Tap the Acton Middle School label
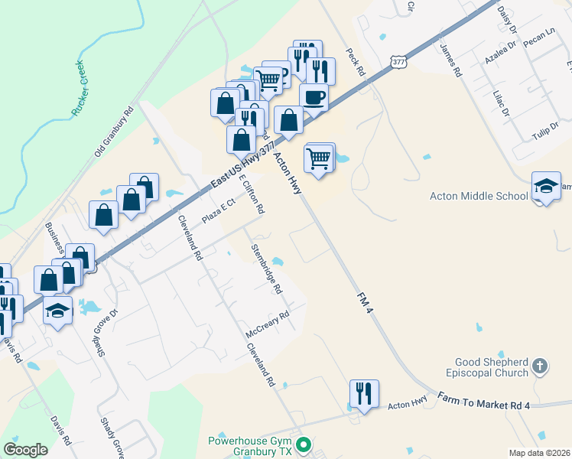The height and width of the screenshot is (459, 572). click(479, 196)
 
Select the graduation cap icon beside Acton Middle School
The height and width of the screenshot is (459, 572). click(546, 186)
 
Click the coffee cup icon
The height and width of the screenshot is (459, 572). click(314, 98)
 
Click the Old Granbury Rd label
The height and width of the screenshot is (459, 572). click(114, 132)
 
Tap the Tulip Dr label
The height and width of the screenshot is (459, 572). click(545, 131)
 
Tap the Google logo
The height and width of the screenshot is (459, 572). click(26, 449)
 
